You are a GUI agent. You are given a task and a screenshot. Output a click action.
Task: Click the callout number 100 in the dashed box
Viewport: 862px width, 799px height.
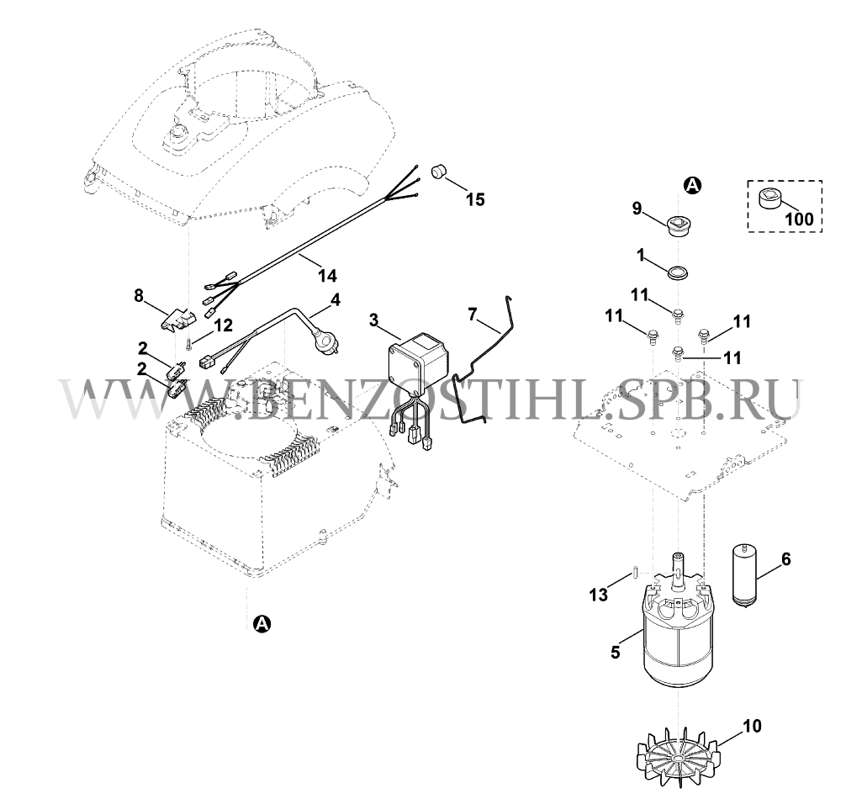799,219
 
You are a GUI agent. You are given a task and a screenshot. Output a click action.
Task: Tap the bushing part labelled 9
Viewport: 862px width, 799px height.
675,225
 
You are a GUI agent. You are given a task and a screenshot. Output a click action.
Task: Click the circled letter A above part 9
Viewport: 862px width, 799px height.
693,186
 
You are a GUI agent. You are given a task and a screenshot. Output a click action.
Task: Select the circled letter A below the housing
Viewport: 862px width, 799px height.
262,623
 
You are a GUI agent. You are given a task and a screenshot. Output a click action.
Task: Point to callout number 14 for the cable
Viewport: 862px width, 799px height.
327,275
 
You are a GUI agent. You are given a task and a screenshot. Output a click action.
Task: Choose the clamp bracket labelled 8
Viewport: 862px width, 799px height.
177,319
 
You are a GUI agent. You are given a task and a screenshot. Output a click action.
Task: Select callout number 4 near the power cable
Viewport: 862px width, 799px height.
335,299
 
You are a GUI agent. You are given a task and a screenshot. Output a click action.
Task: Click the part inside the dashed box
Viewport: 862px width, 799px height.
769,198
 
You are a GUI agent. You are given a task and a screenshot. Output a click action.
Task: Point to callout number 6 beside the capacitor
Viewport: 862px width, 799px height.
786,559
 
